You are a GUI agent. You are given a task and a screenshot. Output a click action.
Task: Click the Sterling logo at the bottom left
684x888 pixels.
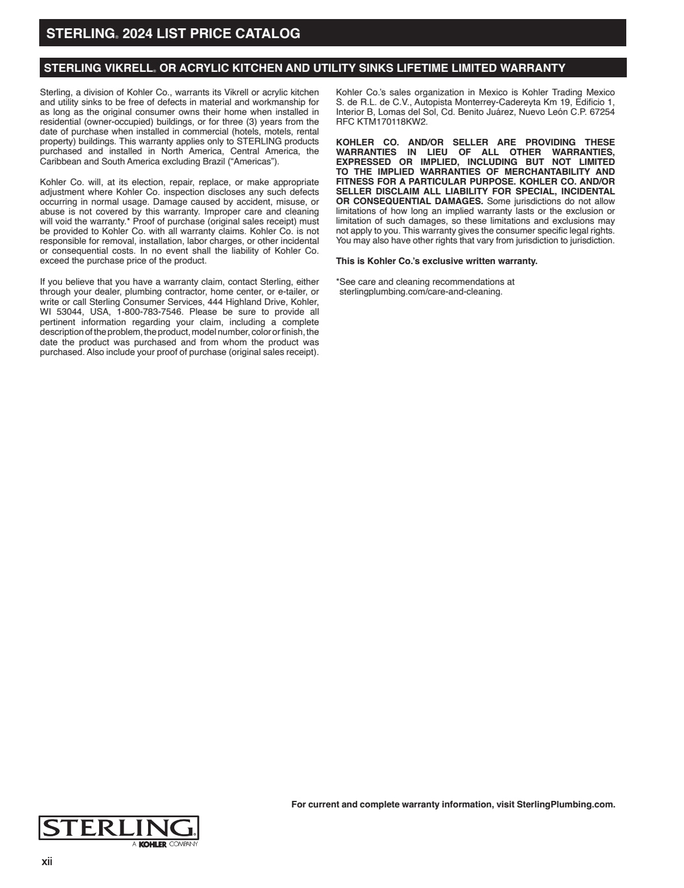coord(119,829)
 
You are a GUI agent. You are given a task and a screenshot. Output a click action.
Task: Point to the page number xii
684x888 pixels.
coord(47,862)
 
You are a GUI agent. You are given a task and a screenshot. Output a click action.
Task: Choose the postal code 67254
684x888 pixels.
coord(602,112)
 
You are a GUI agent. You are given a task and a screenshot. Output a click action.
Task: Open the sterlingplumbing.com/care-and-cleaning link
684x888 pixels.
coord(420,292)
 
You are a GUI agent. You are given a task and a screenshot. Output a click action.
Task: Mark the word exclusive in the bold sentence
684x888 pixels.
coord(443,261)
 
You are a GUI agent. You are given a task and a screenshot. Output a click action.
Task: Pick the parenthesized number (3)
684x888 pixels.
coord(253,122)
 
